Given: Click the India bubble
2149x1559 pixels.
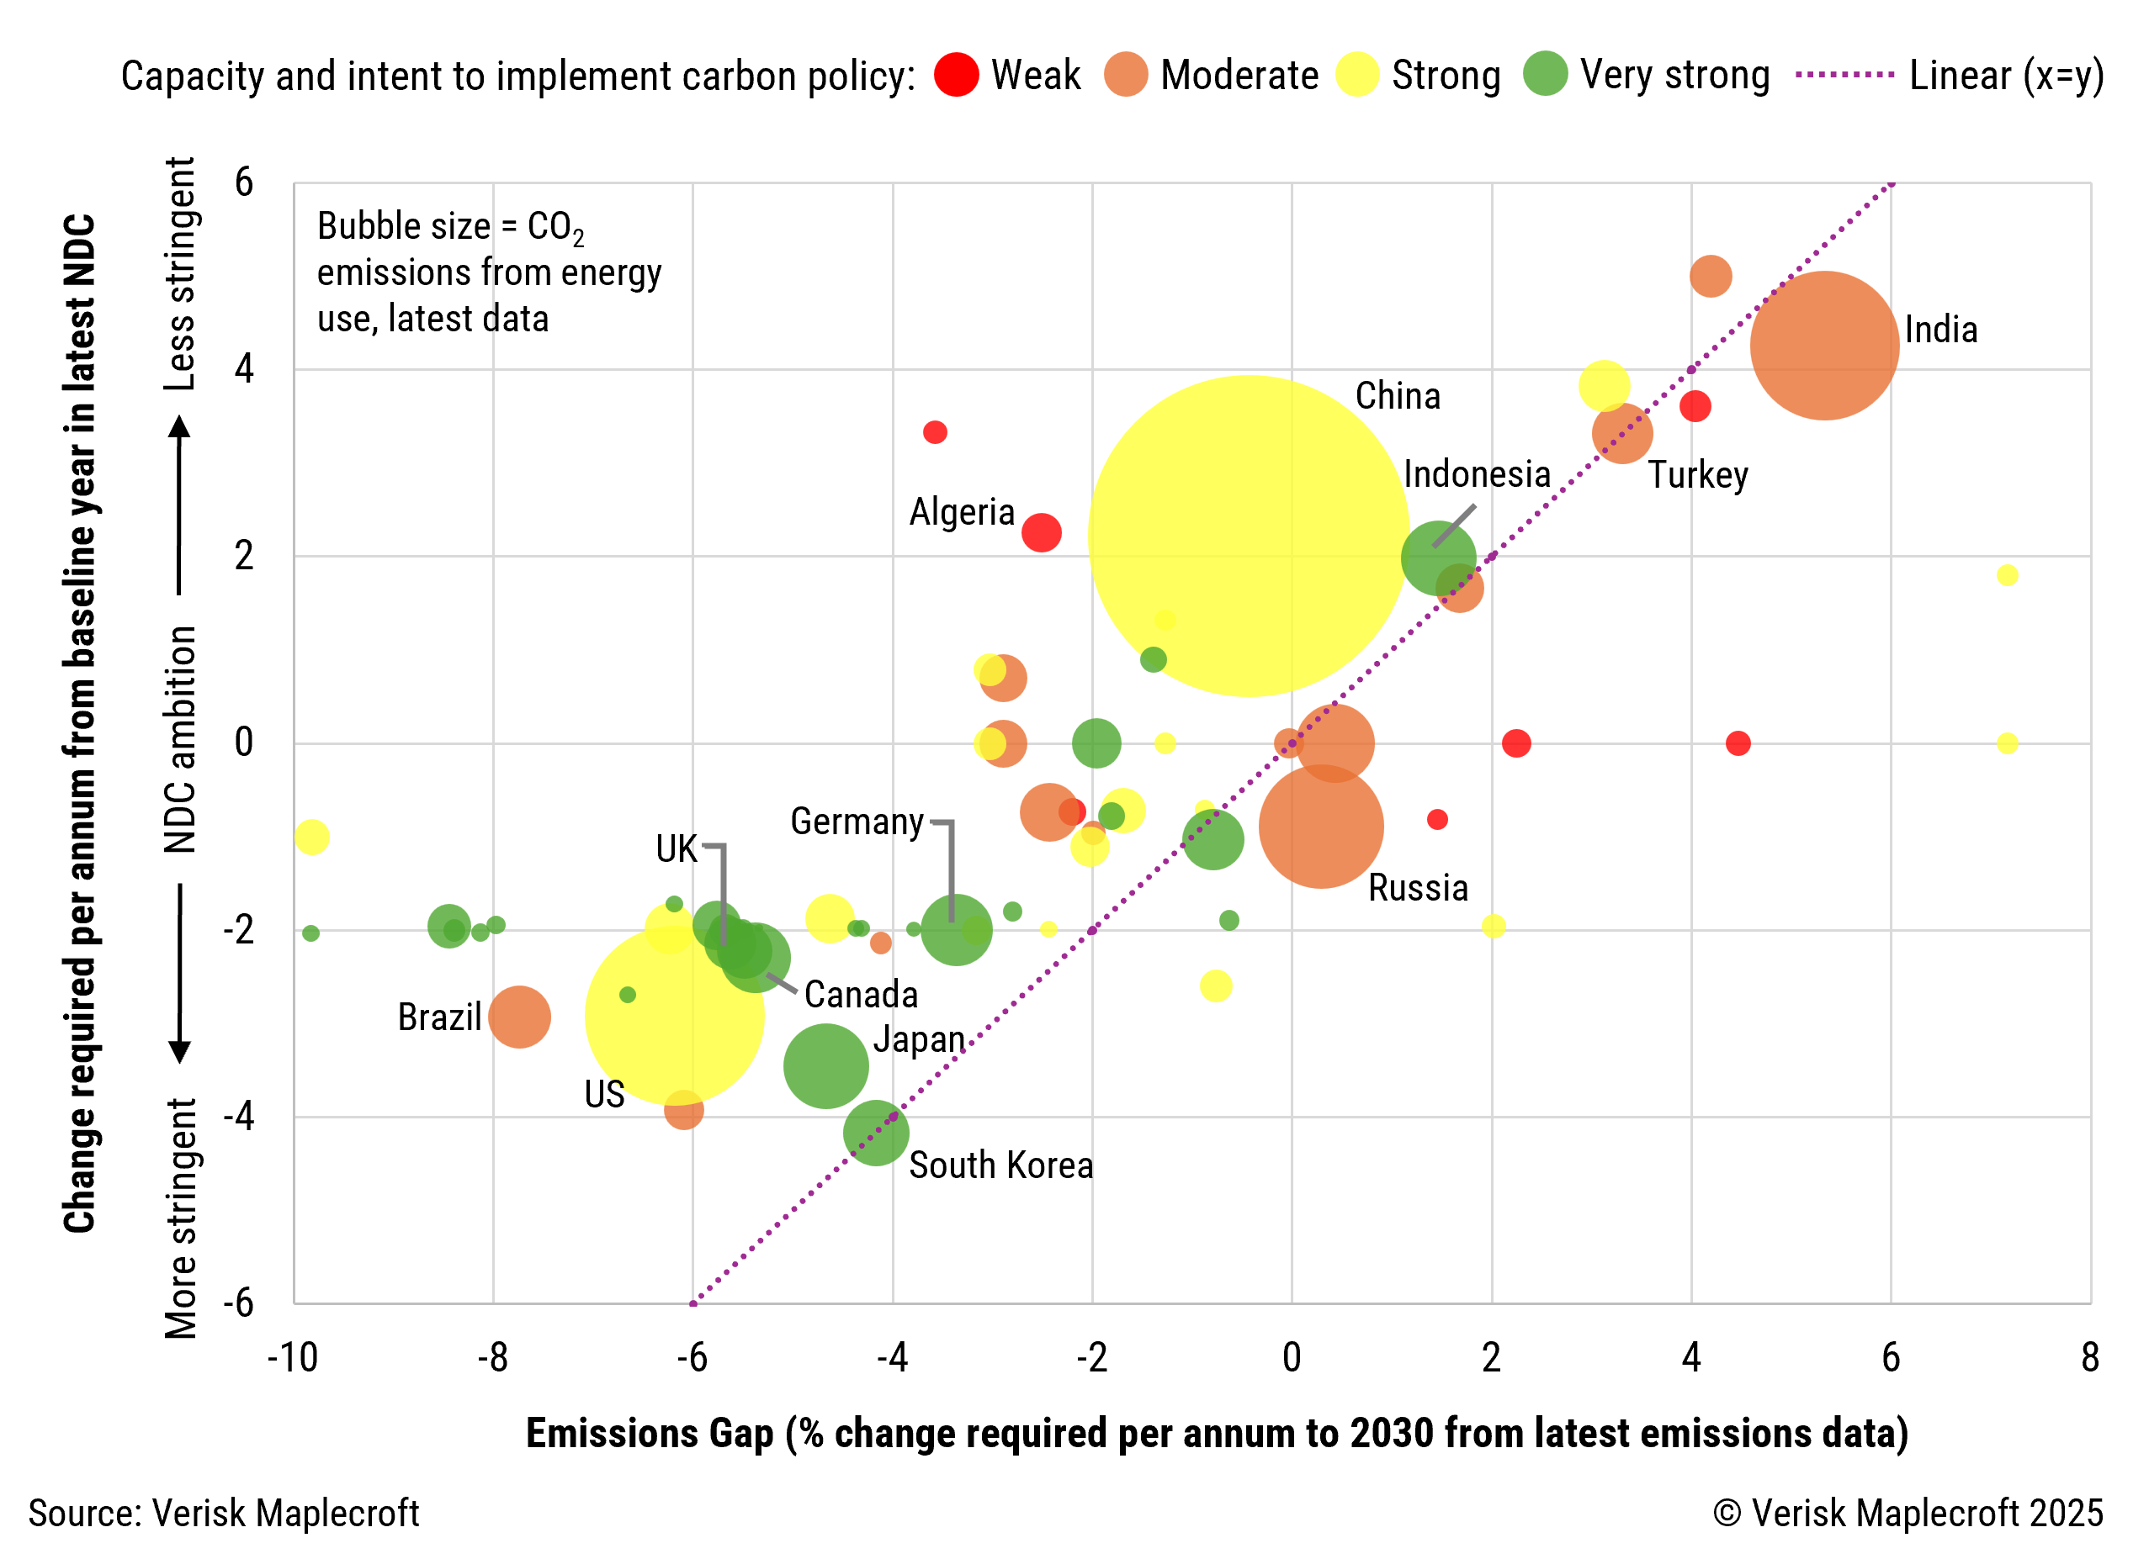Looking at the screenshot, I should [x=1823, y=346].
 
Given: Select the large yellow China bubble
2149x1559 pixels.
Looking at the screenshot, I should [x=1248, y=536].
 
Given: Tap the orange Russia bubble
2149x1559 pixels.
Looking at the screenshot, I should [x=1320, y=826].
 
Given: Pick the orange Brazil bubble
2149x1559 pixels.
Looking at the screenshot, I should [x=519, y=1017].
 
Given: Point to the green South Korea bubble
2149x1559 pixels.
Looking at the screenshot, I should [x=876, y=1132].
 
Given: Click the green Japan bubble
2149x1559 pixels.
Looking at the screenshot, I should [x=825, y=1065].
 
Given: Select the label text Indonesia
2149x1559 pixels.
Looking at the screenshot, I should [x=1476, y=473].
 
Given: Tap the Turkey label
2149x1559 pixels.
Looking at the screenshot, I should [x=1697, y=474].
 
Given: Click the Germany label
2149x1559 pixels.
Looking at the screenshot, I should [x=857, y=822].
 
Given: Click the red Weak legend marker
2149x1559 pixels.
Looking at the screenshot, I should [x=956, y=75].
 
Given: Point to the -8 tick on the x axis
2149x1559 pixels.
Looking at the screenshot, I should [x=493, y=1357].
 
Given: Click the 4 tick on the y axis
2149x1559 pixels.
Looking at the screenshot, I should [x=245, y=368].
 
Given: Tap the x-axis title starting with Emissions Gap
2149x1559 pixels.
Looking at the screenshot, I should [x=1217, y=1433].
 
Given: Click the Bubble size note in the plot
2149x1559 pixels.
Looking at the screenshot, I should [x=488, y=272].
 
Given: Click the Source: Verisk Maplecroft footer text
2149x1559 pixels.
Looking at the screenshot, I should [x=224, y=1513].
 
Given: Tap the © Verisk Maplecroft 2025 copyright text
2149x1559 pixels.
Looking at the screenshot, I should [x=1908, y=1513].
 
